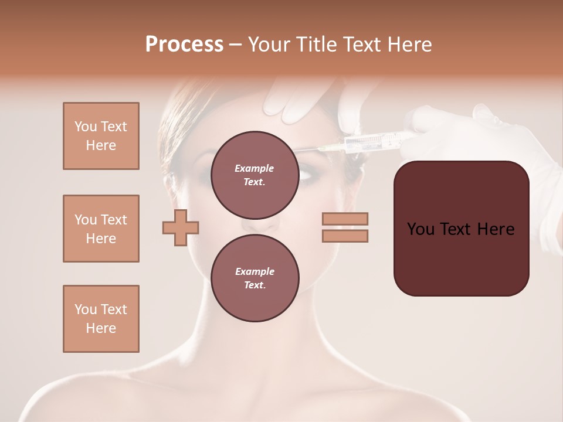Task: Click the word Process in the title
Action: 184,45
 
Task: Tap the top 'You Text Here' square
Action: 101,136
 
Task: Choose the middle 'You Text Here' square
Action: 101,229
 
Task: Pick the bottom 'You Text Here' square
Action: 101,319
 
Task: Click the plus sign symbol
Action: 181,227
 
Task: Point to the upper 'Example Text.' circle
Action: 255,175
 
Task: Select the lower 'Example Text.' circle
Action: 255,278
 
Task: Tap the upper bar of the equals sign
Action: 345,219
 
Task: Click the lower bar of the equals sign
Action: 345,236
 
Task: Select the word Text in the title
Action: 361,45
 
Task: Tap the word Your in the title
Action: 268,45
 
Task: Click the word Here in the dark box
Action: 496,229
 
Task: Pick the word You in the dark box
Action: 420,229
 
